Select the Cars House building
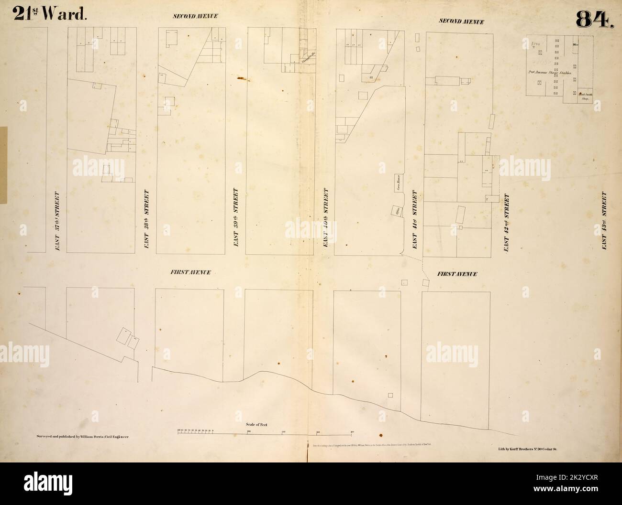397,184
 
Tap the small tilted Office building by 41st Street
397,211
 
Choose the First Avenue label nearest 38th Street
190,272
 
